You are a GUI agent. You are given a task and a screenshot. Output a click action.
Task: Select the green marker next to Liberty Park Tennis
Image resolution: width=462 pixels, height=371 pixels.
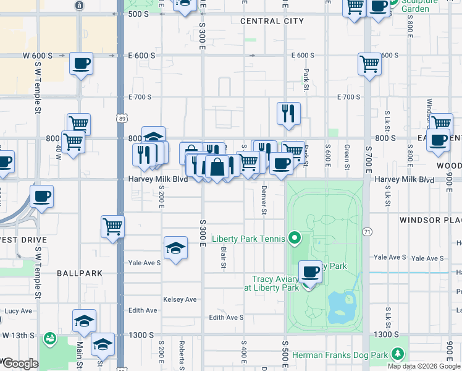click(x=295, y=238)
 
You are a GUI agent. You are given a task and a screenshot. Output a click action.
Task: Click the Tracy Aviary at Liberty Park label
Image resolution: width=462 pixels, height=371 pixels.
click(x=275, y=283)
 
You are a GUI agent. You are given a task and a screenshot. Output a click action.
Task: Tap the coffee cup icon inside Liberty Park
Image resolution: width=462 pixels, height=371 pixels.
click(x=311, y=272)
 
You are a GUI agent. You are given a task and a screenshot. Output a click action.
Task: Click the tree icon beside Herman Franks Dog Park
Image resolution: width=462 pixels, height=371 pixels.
click(x=398, y=354)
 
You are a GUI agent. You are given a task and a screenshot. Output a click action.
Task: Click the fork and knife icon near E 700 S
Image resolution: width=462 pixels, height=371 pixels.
click(x=288, y=113)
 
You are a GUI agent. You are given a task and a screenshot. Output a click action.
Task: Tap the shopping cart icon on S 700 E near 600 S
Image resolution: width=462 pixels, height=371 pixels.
click(x=369, y=64)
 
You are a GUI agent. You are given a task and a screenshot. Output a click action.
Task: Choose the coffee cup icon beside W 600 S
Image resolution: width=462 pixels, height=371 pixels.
click(x=81, y=64)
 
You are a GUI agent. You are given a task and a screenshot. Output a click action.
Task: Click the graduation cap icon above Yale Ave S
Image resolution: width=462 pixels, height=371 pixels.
click(x=176, y=248)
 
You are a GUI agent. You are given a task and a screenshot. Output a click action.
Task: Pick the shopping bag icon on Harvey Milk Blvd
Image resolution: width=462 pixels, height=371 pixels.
click(x=217, y=166)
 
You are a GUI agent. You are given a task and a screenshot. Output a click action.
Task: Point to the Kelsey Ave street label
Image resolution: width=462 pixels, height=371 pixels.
click(x=180, y=299)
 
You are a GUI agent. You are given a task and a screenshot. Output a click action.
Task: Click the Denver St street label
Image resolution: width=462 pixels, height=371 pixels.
click(x=263, y=200)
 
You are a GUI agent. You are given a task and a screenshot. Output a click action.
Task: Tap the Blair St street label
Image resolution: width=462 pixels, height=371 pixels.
click(x=224, y=258)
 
